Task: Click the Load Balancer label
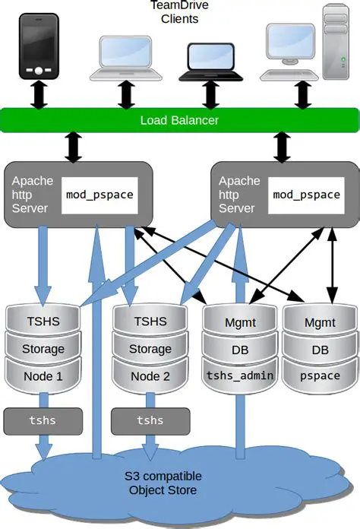point(179,120)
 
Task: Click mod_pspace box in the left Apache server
point(99,195)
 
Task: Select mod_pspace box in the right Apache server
point(306,195)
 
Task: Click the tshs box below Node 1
point(32,420)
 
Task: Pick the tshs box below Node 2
point(150,420)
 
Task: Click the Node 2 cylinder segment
point(150,375)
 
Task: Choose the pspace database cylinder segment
point(320,375)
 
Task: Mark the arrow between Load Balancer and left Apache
point(74,147)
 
